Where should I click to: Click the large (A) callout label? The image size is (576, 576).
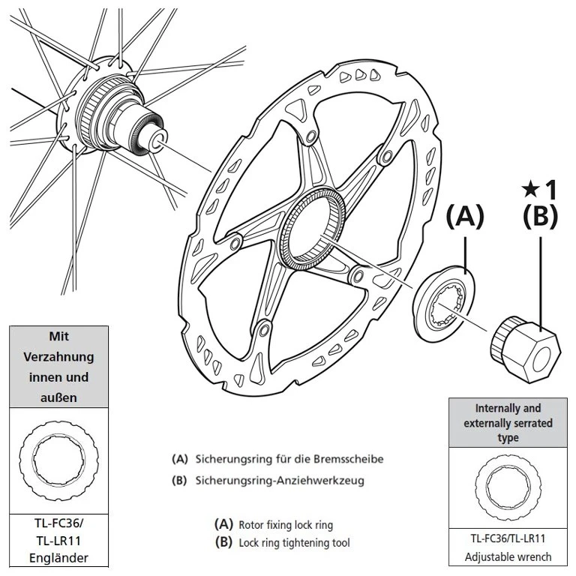(x=466, y=217)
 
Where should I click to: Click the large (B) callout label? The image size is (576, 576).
(x=541, y=217)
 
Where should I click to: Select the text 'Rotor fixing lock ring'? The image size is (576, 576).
(x=285, y=525)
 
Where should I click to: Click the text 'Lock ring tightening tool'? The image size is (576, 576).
(x=294, y=541)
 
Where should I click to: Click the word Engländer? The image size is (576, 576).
(x=58, y=556)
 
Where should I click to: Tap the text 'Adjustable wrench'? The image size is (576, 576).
(x=508, y=556)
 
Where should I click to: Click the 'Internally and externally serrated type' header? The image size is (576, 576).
(x=508, y=423)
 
